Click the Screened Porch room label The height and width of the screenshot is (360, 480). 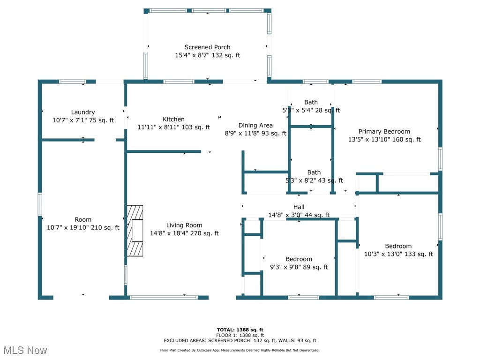(207, 47)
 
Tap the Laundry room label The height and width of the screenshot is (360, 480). (83, 112)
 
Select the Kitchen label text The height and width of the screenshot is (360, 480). (173, 119)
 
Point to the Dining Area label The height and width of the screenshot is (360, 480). (255, 125)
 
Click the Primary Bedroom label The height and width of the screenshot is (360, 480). (384, 131)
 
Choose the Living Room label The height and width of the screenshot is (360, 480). (184, 225)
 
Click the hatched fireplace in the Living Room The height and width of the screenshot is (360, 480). (135, 231)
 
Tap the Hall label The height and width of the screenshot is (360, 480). (299, 207)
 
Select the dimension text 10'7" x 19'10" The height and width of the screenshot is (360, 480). (83, 227)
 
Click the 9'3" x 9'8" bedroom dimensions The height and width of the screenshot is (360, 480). (299, 267)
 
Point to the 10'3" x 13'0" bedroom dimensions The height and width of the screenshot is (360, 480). (398, 254)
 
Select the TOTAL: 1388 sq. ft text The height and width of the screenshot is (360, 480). (240, 330)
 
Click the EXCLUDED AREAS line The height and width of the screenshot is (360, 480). (240, 341)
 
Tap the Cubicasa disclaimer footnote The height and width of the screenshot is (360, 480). (240, 350)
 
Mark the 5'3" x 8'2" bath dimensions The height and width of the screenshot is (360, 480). (314, 180)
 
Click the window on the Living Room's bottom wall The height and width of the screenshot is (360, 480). (163, 297)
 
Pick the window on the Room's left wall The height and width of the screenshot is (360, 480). (40, 204)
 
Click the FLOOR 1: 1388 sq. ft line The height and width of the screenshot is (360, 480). (240, 335)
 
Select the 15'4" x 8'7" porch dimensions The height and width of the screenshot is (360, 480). (207, 55)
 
